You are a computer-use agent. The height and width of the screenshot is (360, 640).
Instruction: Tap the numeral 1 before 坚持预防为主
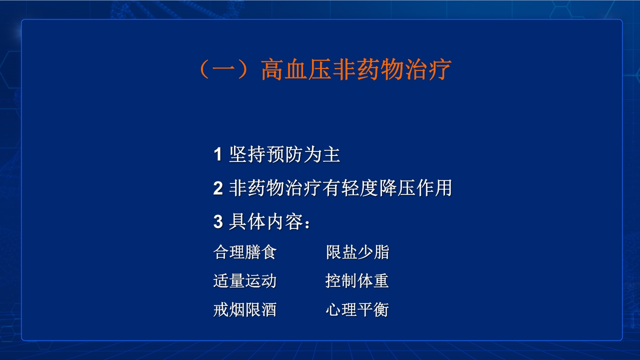[x=217, y=155]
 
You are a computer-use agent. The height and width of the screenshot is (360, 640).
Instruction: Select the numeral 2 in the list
[x=217, y=188]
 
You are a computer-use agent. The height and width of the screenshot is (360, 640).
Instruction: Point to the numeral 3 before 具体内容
[x=217, y=222]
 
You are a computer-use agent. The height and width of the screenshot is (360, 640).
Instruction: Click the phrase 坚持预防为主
[x=284, y=155]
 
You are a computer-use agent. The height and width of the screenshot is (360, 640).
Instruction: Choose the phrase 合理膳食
[x=244, y=252]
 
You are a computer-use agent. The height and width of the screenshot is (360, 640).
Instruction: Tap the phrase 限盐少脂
[x=357, y=252]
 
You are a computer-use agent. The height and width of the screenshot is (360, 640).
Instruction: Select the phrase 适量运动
[x=244, y=281]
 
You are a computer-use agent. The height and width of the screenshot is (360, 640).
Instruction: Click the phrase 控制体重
[x=357, y=281]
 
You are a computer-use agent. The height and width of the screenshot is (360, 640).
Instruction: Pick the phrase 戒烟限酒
[x=244, y=310]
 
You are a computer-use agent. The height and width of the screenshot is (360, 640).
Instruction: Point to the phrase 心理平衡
[x=357, y=310]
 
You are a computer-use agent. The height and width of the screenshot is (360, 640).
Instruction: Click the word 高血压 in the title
[x=295, y=70]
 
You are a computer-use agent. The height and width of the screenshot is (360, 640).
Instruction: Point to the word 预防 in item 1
[x=284, y=155]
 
